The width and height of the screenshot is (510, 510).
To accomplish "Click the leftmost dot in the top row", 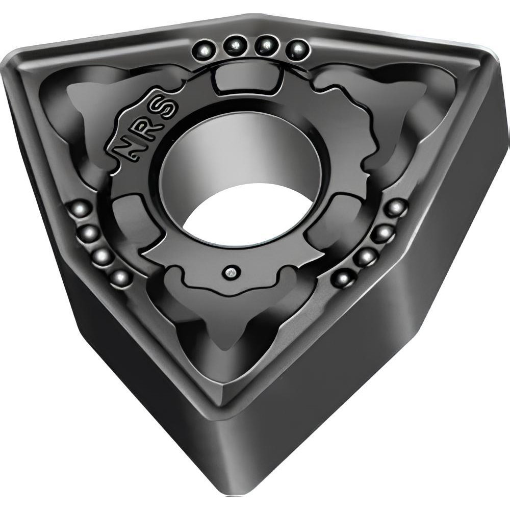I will pyautogui.click(x=205, y=50).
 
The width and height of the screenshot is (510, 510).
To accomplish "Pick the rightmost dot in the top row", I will pyautogui.click(x=297, y=49).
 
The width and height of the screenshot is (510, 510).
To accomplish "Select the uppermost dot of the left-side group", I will pyautogui.click(x=80, y=209).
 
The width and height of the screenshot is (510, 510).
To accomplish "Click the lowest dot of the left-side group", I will pyautogui.click(x=120, y=277).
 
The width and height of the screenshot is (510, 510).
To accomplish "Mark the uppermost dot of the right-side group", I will pyautogui.click(x=396, y=208).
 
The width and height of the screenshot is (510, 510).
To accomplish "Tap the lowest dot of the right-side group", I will pyautogui.click(x=343, y=278).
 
